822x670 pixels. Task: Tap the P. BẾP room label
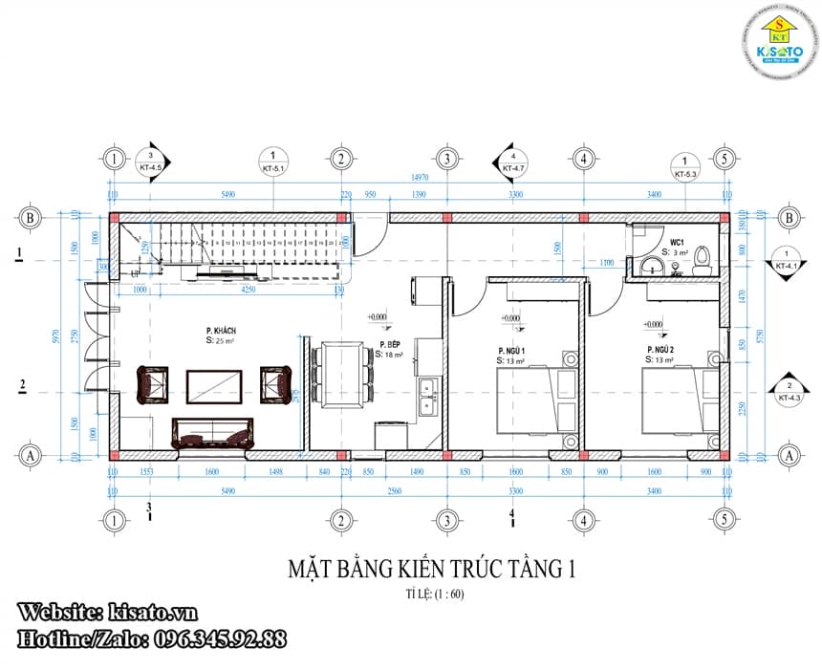[x=388, y=344]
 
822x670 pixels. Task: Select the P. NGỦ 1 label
[x=511, y=351]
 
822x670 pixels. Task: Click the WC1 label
[x=677, y=243]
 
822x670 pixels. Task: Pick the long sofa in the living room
[x=213, y=432]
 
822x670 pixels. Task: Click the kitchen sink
[x=427, y=399]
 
